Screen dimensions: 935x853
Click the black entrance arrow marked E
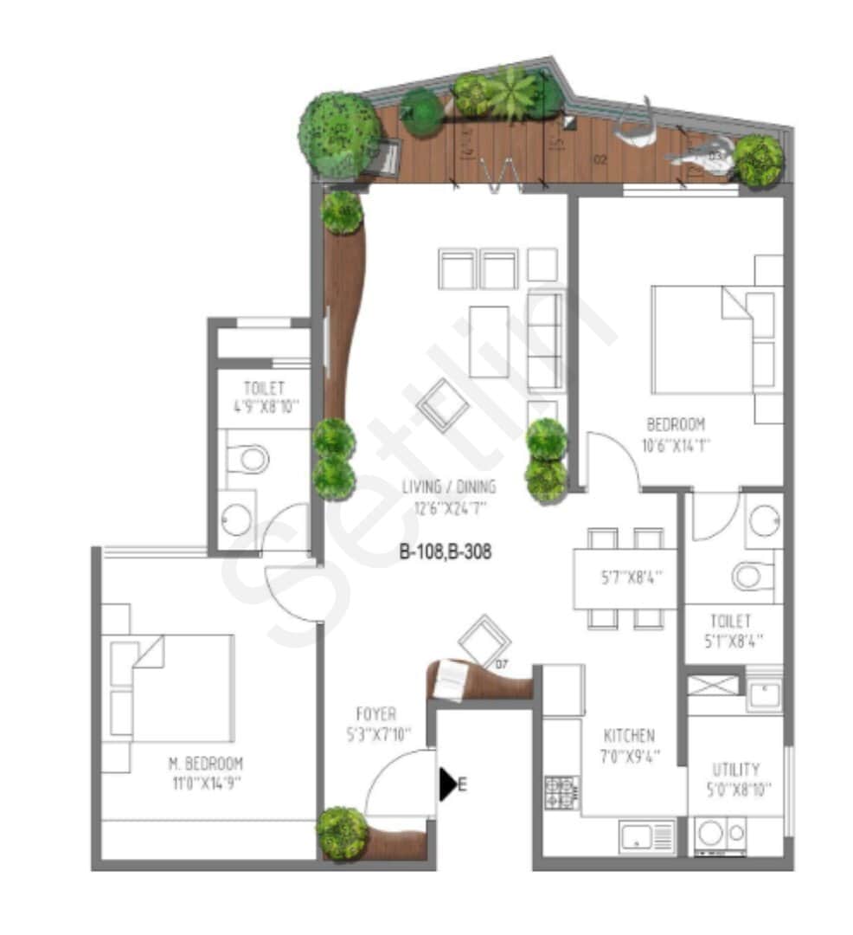(448, 784)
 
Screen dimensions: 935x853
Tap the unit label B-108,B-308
(446, 551)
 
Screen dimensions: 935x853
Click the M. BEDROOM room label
(205, 764)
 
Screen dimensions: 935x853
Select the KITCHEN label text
(629, 735)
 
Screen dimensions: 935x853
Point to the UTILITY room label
(736, 769)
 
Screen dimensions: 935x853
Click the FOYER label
(376, 714)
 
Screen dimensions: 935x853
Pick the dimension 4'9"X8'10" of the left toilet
(264, 408)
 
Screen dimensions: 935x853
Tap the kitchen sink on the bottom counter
(638, 836)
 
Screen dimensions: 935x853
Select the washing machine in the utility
(710, 834)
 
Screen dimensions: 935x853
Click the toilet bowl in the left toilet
(250, 458)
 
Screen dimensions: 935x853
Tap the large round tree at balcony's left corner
(340, 134)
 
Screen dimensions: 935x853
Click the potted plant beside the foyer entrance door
(342, 833)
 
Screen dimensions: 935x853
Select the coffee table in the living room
(489, 340)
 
